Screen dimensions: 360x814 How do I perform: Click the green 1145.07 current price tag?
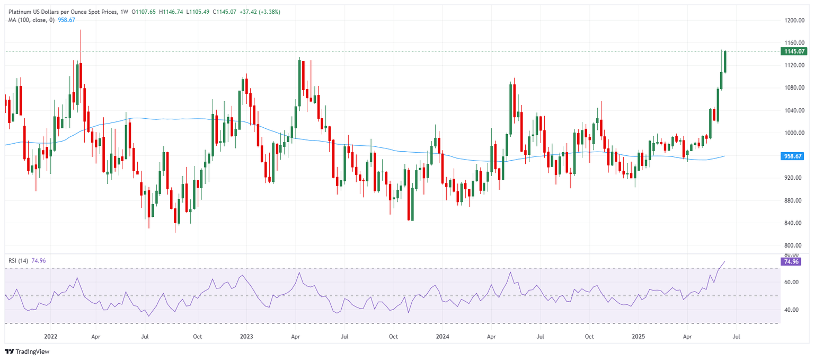(x=793, y=51)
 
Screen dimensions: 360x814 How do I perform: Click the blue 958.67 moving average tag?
(x=793, y=156)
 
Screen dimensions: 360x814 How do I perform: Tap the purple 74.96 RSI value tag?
(x=793, y=261)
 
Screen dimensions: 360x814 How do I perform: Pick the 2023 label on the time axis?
(x=246, y=337)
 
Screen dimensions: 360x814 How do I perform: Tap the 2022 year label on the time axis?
(x=51, y=337)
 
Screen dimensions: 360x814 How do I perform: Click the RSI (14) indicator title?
(x=19, y=260)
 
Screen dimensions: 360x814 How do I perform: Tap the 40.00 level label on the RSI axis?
(x=792, y=310)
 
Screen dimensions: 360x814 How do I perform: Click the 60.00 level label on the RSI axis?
(x=792, y=282)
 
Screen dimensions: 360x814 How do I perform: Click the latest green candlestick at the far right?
(x=724, y=62)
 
